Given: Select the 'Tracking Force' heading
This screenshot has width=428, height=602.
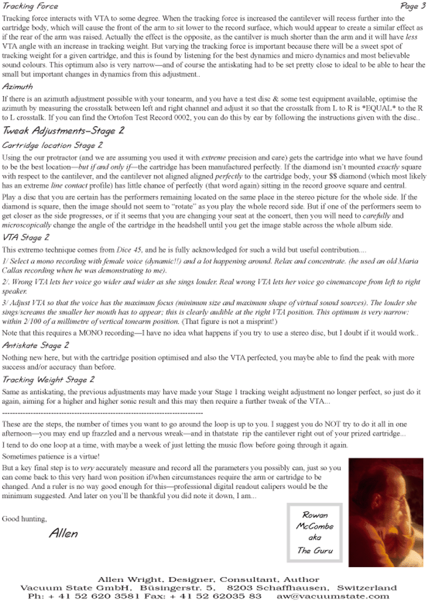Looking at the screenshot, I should (31, 6).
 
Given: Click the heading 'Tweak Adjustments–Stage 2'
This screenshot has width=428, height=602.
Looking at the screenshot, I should (64, 130).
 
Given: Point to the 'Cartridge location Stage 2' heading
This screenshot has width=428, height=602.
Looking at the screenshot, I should (53, 146).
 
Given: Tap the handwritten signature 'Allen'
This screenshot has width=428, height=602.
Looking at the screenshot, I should (64, 533).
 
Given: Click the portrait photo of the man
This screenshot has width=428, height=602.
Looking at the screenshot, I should (385, 512).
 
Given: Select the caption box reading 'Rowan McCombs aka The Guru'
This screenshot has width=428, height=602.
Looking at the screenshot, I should (314, 533).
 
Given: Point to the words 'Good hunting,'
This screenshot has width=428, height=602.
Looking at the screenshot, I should (24, 519).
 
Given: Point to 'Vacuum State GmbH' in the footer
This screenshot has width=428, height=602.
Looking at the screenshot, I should (64, 588).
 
